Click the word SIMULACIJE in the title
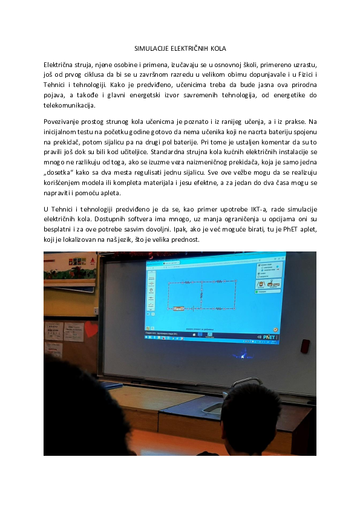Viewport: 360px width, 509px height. [x=151, y=48]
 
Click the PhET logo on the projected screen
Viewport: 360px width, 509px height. [x=269, y=336]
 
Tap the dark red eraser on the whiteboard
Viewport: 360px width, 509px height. [x=305, y=346]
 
